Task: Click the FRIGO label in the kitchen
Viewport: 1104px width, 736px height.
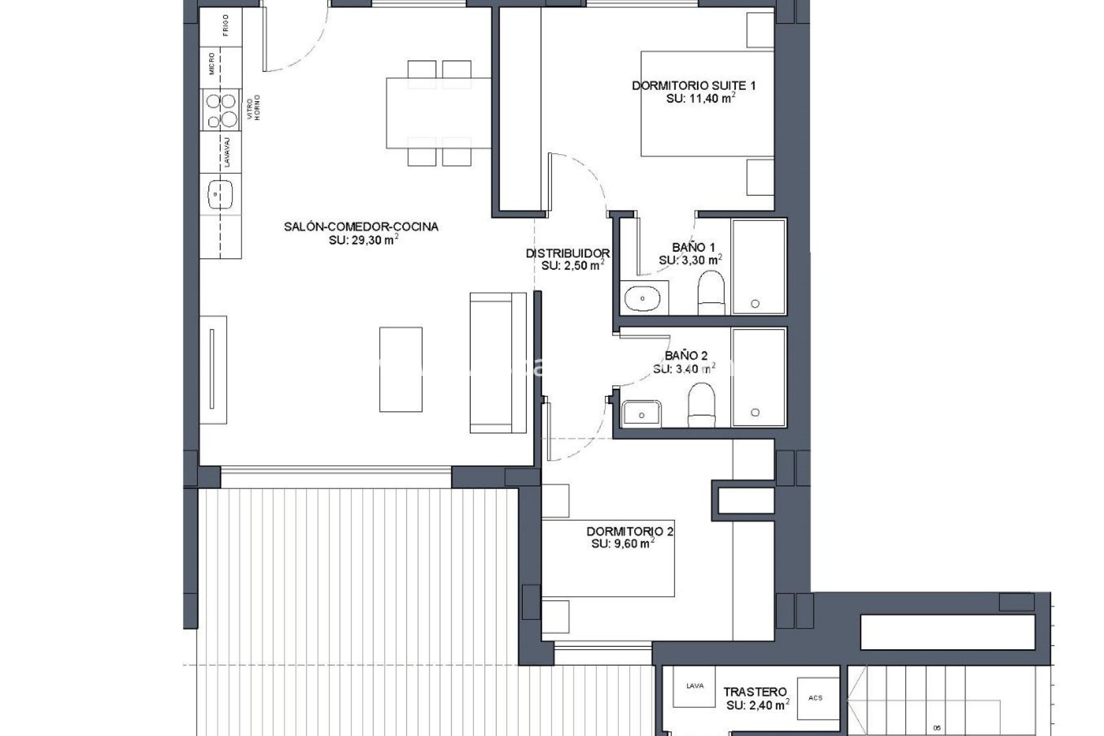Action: coord(225,25)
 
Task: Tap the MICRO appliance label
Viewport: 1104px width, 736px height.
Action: coord(212,64)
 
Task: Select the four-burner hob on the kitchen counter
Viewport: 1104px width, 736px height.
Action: coord(221,110)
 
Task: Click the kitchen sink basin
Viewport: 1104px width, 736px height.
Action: coord(220,194)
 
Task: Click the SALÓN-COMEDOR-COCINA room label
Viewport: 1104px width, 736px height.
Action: coord(361,227)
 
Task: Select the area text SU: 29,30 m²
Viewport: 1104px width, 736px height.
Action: coord(363,240)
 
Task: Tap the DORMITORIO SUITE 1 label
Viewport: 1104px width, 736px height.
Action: coord(693,86)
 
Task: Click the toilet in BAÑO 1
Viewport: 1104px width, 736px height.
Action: coord(711,292)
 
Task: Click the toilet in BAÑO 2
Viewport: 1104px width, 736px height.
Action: coord(701,404)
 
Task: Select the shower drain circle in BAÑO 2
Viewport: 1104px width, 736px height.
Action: coord(755,412)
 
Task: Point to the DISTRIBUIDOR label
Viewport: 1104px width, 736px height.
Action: coord(568,253)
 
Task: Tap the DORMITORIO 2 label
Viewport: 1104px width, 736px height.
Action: coord(630,532)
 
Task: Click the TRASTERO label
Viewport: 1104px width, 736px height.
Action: coord(755,692)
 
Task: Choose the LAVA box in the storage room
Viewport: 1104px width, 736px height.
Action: coord(695,687)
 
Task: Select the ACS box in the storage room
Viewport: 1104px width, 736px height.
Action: coord(815,698)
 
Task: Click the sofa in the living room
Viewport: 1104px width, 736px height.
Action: coord(497,362)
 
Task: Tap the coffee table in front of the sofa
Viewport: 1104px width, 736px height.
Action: coord(401,369)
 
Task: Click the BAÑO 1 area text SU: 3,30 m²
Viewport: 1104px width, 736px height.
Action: coord(689,260)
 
